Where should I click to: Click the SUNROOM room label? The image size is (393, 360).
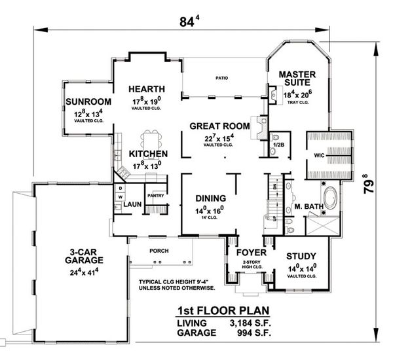tap(86, 103)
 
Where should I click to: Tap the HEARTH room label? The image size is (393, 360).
tap(146, 89)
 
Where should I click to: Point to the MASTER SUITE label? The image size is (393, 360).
tap(298, 80)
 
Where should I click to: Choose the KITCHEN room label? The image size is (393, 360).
tap(148, 154)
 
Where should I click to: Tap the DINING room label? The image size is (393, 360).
tap(210, 198)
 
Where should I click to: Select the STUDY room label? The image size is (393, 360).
tap(302, 256)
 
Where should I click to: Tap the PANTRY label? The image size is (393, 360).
tap(155, 195)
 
